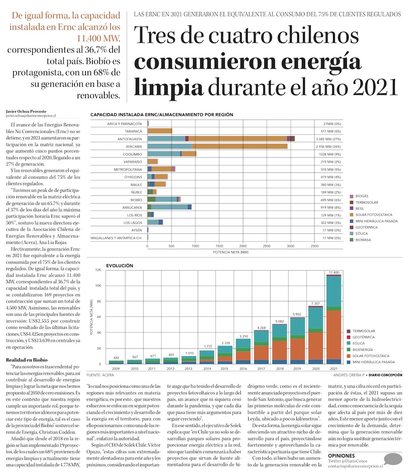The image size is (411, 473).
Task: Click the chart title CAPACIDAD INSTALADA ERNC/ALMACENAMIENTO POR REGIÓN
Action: click(162, 115)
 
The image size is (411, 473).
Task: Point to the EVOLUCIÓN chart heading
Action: click(119, 266)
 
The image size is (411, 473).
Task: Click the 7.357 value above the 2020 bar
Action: click(315, 303)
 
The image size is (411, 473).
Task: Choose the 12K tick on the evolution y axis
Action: click(98, 270)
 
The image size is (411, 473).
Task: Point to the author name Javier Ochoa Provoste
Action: click(27, 111)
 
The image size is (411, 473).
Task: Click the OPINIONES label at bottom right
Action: click(341, 456)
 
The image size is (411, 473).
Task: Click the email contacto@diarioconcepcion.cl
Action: click(355, 466)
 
